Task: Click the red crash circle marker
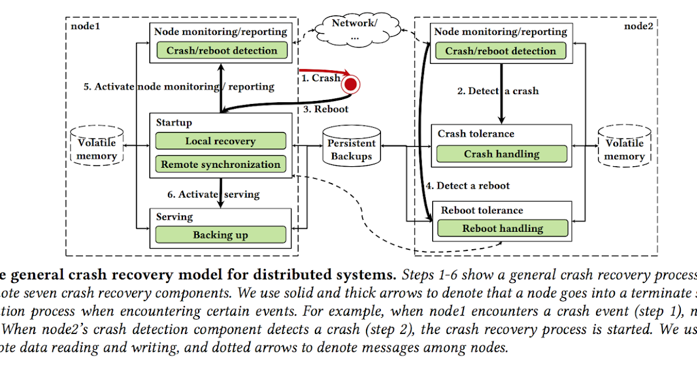[x=350, y=85]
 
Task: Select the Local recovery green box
[x=220, y=141]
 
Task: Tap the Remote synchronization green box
[x=220, y=164]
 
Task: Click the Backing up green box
[x=220, y=235]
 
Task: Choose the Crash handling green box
[x=501, y=154]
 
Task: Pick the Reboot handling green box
[x=502, y=228]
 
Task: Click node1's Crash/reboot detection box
[x=221, y=51]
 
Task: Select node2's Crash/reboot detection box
[x=501, y=51]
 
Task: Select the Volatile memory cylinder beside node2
[x=625, y=149]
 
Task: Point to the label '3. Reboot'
[x=326, y=109]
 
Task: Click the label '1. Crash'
[x=320, y=77]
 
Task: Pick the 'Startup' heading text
[x=174, y=123]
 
